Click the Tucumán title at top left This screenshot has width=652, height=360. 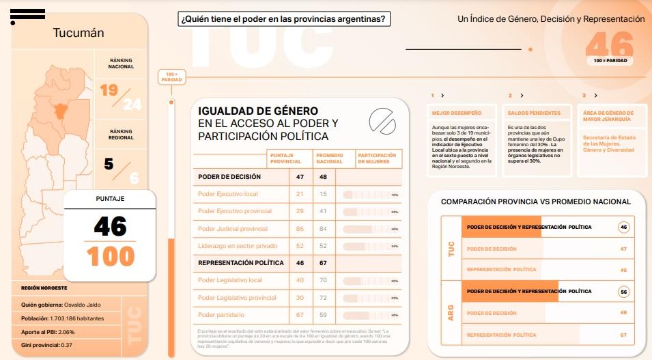79,33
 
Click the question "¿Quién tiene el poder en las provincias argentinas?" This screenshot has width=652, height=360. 283,20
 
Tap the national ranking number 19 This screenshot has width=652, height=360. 108,90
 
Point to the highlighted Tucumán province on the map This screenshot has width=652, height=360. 66,107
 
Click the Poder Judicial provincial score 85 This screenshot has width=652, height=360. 300,229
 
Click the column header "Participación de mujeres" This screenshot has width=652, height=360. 378,158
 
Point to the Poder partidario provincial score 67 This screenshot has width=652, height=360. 300,315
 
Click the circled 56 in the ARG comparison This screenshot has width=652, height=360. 623,292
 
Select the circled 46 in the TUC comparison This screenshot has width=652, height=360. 623,227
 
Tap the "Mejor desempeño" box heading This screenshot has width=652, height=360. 457,113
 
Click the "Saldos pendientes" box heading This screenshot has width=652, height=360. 535,113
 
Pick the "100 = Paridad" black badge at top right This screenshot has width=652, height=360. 610,61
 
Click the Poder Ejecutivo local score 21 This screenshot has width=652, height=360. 300,195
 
